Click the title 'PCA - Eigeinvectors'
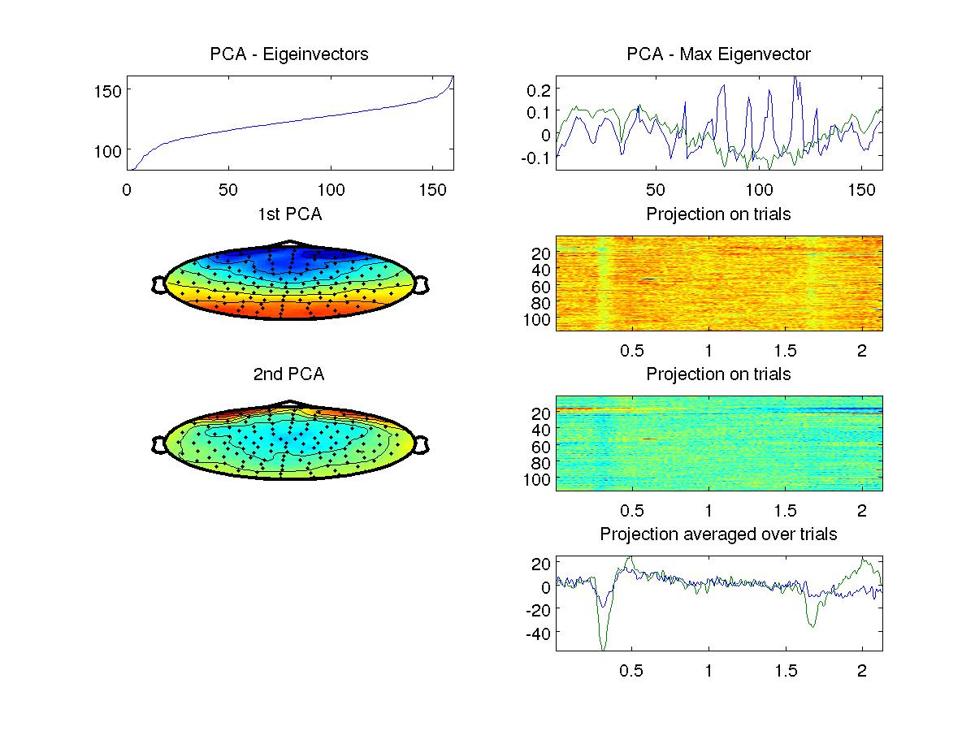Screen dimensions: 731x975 [289, 54]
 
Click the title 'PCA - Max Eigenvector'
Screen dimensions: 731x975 [718, 54]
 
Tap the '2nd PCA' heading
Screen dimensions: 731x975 [289, 374]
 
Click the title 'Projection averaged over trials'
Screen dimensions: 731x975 [718, 534]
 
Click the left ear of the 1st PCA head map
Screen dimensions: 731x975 [158, 284]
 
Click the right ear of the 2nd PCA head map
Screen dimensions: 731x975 [421, 444]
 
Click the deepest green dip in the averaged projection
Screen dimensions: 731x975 [603, 648]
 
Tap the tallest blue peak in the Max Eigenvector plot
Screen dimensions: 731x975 [796, 78]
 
